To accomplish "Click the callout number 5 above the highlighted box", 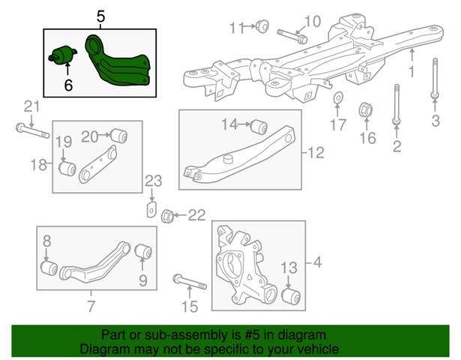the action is click(100, 16).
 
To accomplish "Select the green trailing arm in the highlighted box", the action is click(118, 61).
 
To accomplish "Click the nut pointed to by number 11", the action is click(262, 26).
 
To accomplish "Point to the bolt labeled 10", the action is click(292, 36).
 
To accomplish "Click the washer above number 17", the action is click(338, 97).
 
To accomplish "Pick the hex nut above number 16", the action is click(366, 110).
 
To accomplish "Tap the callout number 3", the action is click(436, 121).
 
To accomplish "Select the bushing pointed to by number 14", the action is click(259, 127).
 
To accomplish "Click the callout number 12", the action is click(316, 153).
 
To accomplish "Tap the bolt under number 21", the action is click(33, 131).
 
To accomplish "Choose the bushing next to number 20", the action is click(118, 136).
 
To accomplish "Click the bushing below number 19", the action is click(67, 168).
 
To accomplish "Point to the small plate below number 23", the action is click(151, 209).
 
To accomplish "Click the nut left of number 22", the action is click(168, 216).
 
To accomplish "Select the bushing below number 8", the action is click(49, 267).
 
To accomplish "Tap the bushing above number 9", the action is click(143, 252).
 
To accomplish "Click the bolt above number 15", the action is click(190, 282).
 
